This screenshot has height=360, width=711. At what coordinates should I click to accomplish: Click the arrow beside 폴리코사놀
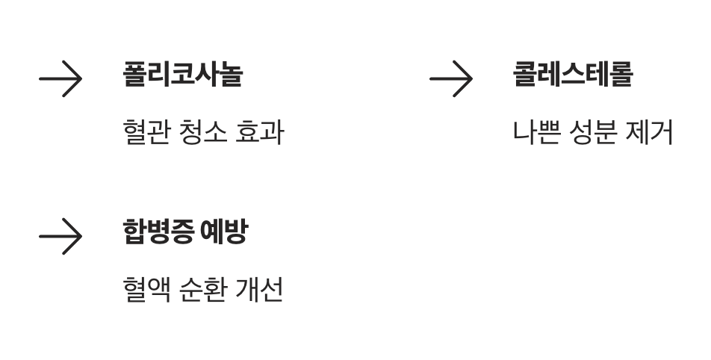(x=60, y=78)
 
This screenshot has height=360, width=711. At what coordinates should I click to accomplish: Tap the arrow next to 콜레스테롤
(x=451, y=78)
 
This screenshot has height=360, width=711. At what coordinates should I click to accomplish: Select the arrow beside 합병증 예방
(x=60, y=236)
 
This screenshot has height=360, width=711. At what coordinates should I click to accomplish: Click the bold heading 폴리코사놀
(x=182, y=75)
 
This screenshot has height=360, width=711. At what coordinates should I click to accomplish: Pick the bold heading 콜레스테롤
(x=573, y=75)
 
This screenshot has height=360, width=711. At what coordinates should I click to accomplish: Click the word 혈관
(x=146, y=133)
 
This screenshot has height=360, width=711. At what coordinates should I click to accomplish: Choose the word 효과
(x=259, y=133)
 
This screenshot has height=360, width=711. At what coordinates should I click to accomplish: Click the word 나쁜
(x=536, y=133)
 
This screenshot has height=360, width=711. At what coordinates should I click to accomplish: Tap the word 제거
(x=651, y=133)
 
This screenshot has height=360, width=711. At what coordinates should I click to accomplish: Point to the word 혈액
(x=146, y=290)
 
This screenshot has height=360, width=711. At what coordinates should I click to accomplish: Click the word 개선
(x=259, y=290)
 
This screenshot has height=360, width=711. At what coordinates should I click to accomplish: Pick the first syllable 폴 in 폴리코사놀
(x=134, y=75)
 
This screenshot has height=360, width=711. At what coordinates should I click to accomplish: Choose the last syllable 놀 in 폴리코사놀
(x=231, y=75)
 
